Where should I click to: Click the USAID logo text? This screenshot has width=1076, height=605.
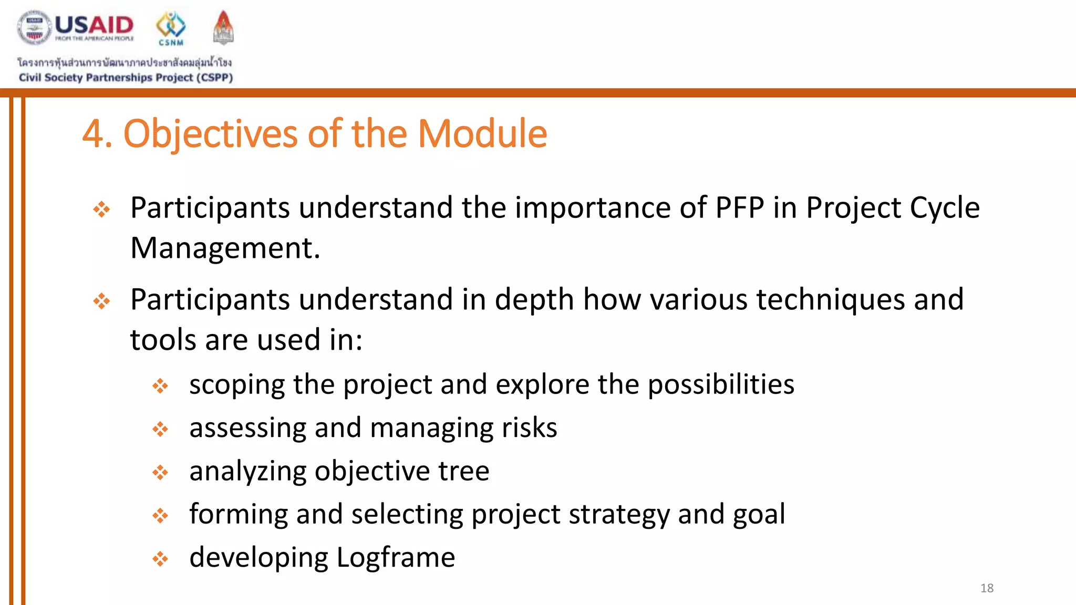[x=94, y=25]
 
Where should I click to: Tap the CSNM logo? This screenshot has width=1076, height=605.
[x=171, y=28]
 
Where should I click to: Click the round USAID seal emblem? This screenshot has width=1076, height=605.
[x=34, y=27]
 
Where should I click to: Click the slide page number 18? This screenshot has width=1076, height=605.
[x=987, y=588]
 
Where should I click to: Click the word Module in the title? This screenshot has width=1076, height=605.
[x=482, y=134]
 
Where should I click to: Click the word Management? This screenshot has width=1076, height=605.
[x=224, y=248]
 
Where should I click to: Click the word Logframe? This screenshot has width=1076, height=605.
[x=395, y=557]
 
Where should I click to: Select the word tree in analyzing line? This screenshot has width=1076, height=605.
[x=463, y=471]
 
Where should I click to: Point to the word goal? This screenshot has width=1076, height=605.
[x=759, y=514]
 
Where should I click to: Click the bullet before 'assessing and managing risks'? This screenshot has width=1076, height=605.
[x=160, y=430]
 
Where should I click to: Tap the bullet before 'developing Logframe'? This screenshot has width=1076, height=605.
[x=160, y=559]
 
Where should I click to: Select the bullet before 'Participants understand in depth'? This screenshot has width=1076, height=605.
[x=101, y=301]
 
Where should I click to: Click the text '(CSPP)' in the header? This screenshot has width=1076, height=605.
[x=214, y=78]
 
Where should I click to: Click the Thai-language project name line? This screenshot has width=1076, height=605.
[x=125, y=62]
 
